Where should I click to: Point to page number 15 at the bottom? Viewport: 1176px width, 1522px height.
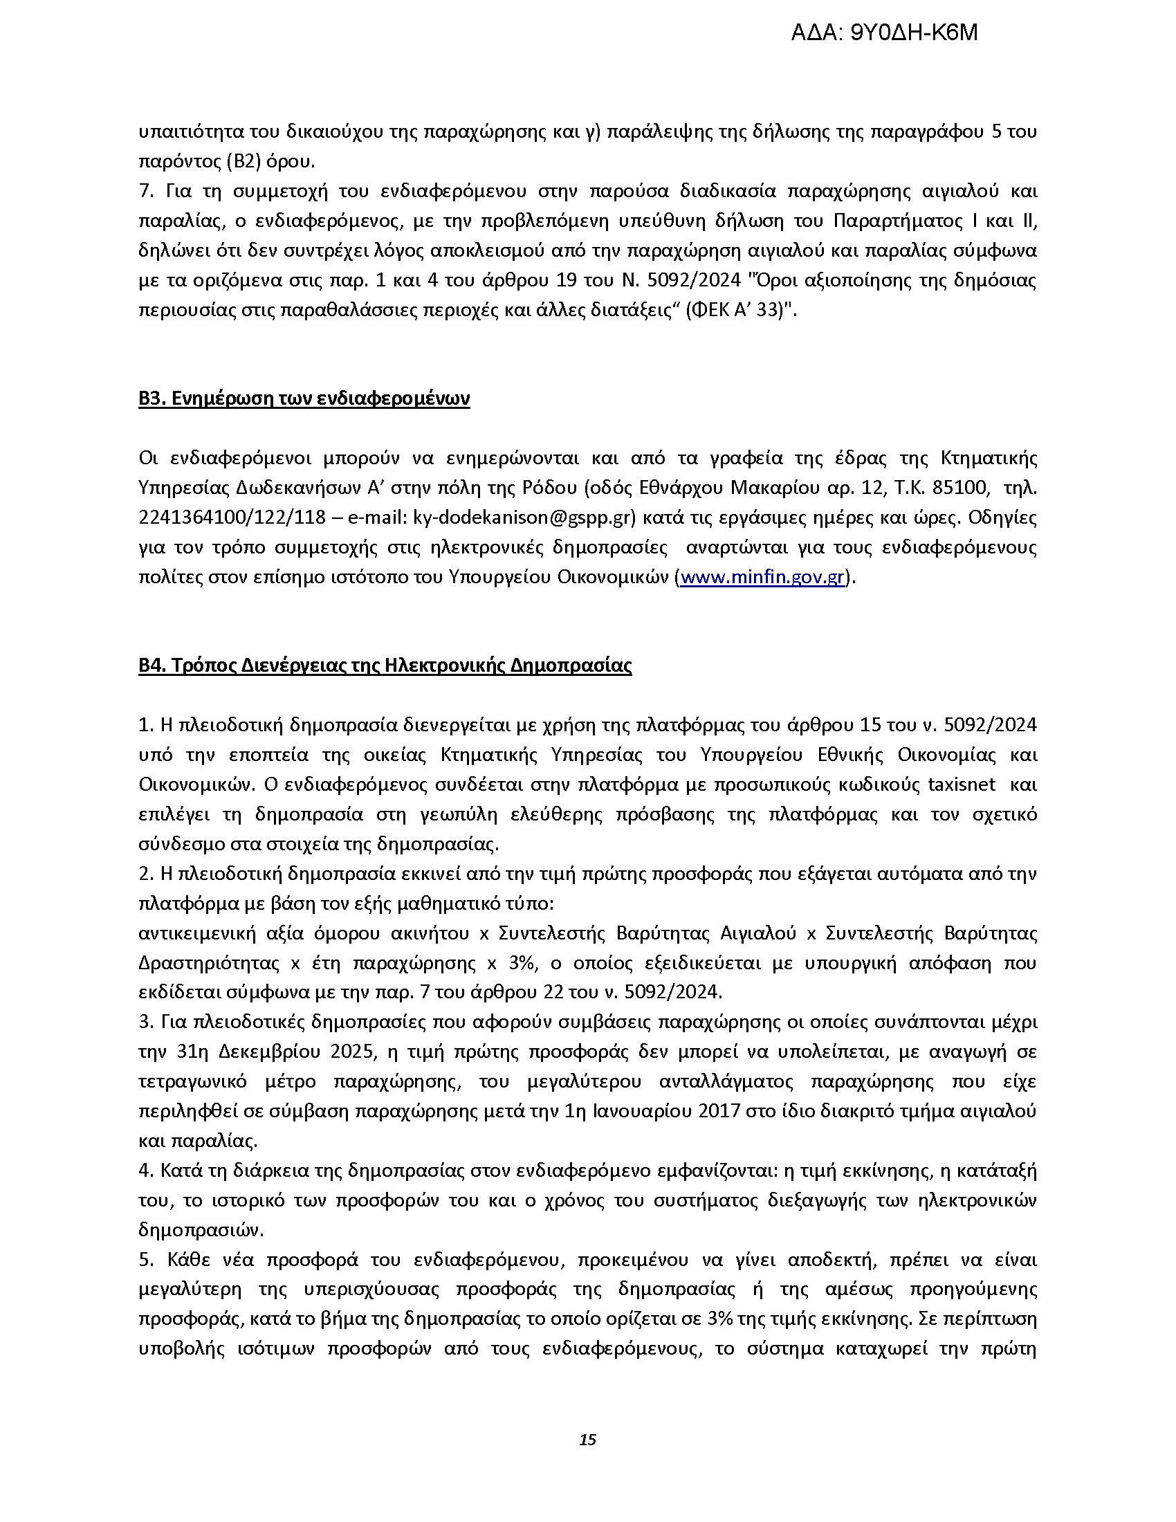tap(587, 1440)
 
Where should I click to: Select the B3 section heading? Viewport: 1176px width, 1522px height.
tap(304, 398)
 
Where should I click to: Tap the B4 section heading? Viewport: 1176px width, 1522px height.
tap(385, 666)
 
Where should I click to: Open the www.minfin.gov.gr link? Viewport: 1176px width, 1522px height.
tap(762, 578)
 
